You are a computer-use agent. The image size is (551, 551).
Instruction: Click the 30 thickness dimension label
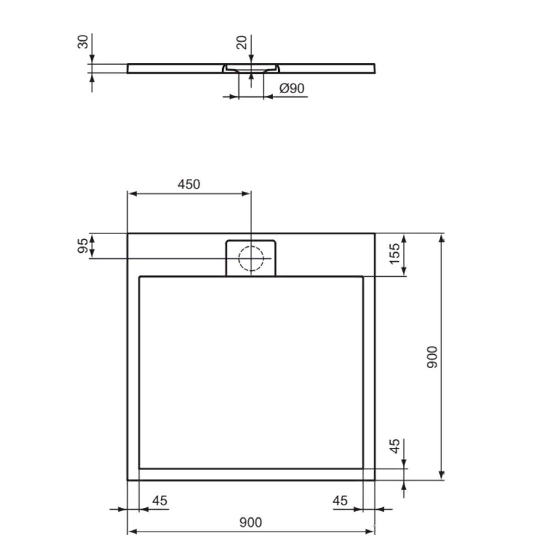(x=83, y=42)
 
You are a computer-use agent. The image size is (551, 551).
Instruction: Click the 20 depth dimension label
(x=242, y=42)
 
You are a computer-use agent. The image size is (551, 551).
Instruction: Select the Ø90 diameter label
(x=292, y=88)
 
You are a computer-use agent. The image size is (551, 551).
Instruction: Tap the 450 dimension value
(x=189, y=185)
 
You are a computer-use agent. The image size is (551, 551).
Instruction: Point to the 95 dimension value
(x=83, y=246)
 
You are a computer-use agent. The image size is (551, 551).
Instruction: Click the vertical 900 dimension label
(x=432, y=357)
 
